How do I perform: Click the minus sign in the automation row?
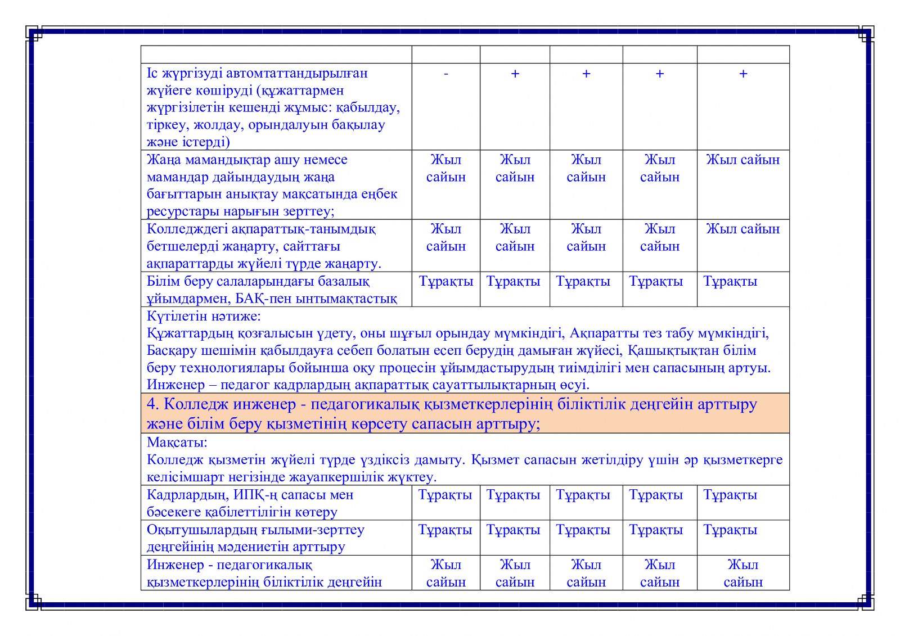pyautogui.click(x=445, y=74)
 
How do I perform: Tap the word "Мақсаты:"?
pyautogui.click(x=177, y=442)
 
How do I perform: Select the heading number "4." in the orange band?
pyautogui.click(x=153, y=404)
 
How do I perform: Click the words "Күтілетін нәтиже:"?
pyautogui.click(x=204, y=316)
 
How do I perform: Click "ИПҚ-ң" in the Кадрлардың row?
pyautogui.click(x=256, y=495)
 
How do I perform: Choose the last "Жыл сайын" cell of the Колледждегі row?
pyautogui.click(x=742, y=229)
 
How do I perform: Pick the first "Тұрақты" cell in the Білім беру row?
pyautogui.click(x=445, y=281)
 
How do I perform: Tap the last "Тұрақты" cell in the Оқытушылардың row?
pyautogui.click(x=730, y=530)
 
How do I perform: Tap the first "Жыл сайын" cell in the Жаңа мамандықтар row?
pyautogui.click(x=445, y=168)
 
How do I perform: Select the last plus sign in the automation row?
pyautogui.click(x=742, y=74)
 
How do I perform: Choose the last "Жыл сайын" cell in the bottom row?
pyautogui.click(x=742, y=573)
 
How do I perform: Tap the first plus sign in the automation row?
pyautogui.click(x=515, y=74)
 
